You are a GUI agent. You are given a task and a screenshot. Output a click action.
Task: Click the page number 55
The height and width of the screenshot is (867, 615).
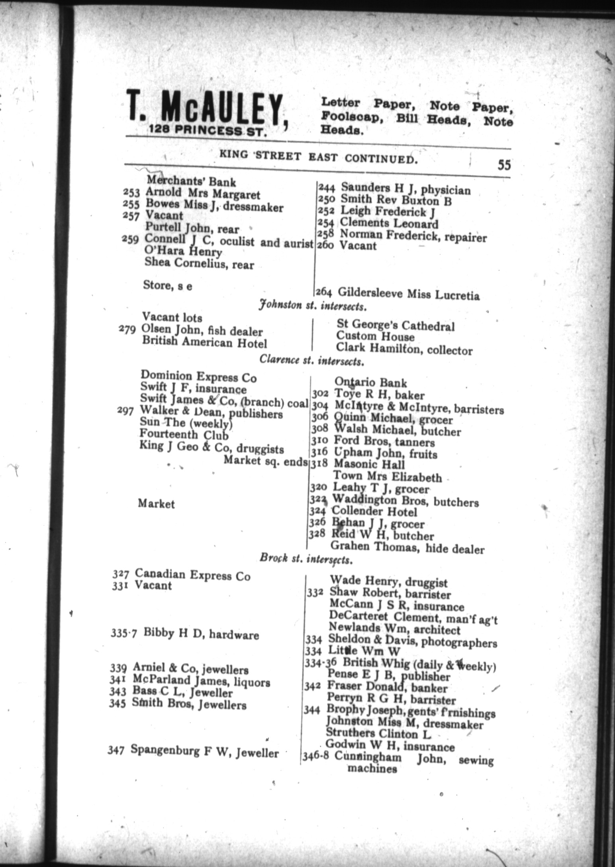click(x=503, y=164)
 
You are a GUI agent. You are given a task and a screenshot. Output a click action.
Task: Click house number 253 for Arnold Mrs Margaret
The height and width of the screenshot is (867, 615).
click(x=131, y=192)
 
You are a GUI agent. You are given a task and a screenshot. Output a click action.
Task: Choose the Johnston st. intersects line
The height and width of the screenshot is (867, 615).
click(x=312, y=307)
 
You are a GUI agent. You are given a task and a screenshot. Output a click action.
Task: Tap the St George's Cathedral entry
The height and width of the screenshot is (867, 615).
click(x=395, y=326)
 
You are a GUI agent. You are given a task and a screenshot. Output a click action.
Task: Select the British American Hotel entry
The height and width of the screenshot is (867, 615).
click(x=204, y=343)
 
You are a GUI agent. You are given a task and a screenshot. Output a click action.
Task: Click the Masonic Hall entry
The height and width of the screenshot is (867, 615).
click(x=369, y=464)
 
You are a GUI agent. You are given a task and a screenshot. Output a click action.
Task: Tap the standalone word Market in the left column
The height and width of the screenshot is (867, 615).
click(x=156, y=504)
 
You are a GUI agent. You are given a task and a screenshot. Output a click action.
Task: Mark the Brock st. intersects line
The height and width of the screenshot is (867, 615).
click(x=306, y=559)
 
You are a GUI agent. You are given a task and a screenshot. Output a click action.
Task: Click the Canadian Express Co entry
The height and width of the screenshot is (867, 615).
click(x=192, y=575)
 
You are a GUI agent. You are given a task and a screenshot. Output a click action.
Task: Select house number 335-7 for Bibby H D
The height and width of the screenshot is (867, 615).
click(x=124, y=633)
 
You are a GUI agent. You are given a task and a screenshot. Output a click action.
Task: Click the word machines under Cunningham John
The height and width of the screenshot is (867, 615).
click(x=372, y=769)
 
